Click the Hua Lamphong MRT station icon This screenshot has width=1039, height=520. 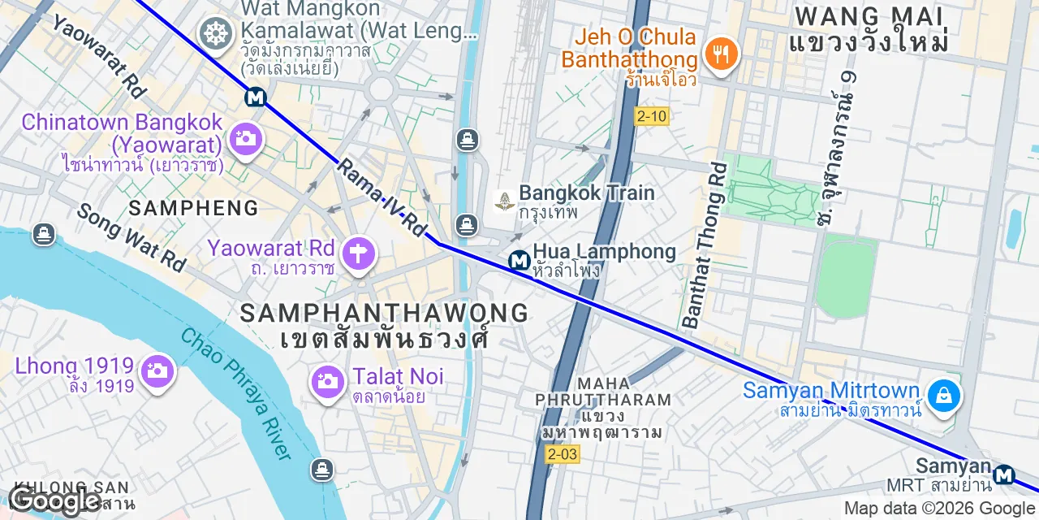[519, 261]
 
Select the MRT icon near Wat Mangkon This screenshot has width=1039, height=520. [256, 97]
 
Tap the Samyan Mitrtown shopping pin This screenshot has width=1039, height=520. [943, 396]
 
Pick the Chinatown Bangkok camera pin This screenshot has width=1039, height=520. [244, 138]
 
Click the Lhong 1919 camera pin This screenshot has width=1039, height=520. [157, 372]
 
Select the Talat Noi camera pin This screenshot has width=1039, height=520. [328, 380]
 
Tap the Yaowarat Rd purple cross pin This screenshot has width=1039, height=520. [356, 253]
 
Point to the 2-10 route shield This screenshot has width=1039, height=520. [651, 116]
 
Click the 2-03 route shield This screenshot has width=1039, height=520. [563, 453]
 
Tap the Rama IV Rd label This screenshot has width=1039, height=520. [382, 197]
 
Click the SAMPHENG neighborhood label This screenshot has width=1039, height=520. [194, 208]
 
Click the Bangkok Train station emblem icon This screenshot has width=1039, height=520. [504, 201]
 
